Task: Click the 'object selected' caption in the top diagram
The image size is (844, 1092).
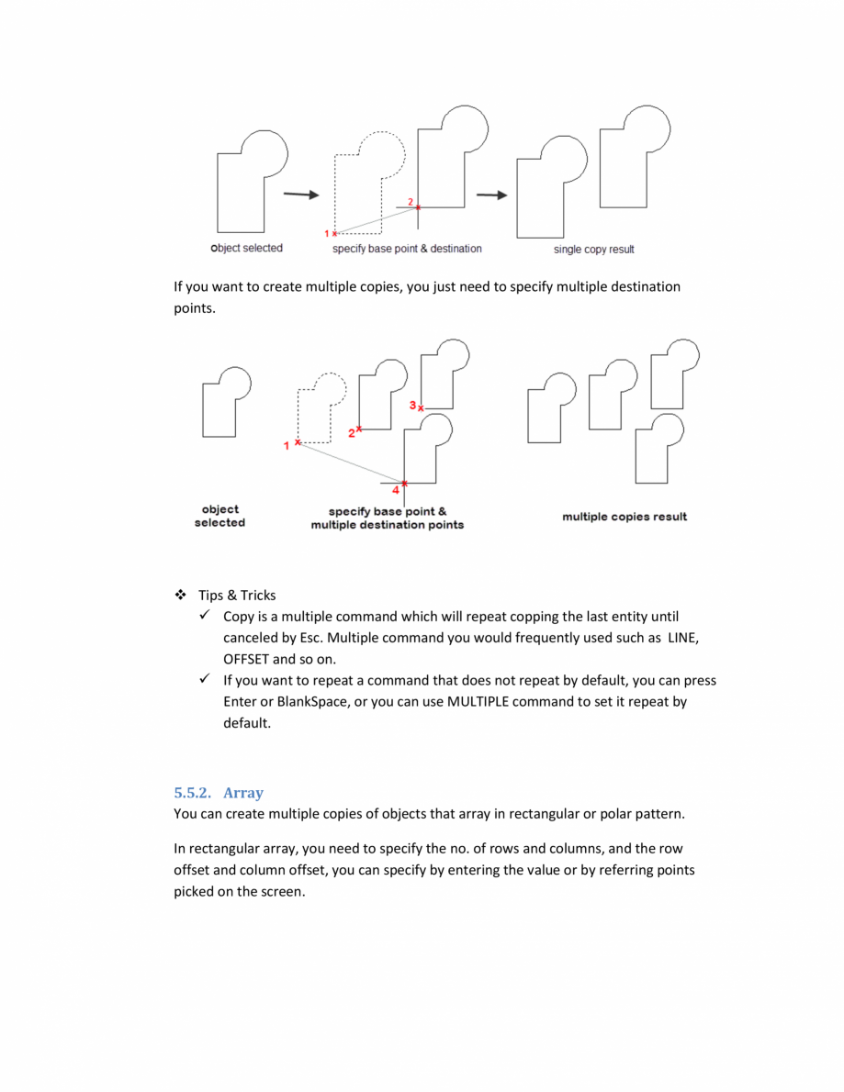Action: (x=247, y=248)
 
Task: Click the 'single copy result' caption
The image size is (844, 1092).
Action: (x=593, y=250)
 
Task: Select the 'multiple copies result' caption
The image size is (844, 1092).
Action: (x=625, y=517)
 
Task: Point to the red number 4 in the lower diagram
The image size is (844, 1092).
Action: (x=395, y=490)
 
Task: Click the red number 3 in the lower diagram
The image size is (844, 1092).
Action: (x=412, y=404)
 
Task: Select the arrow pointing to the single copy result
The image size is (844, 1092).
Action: (x=491, y=195)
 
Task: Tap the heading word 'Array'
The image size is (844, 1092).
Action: (x=243, y=793)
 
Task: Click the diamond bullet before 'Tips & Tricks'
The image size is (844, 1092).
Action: (x=180, y=595)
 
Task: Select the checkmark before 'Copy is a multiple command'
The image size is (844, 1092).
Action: (x=204, y=616)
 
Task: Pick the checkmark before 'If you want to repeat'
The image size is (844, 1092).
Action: (x=204, y=679)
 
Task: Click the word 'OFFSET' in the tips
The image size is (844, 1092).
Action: (x=246, y=659)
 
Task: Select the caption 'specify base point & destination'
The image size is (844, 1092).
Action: (x=407, y=249)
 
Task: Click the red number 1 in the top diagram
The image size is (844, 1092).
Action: (x=326, y=233)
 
